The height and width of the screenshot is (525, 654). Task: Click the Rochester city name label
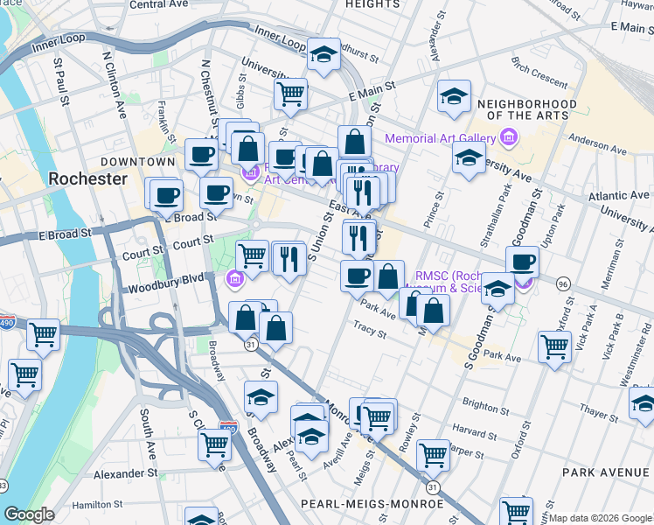click(x=87, y=178)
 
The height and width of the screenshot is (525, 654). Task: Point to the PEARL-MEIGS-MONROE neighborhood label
click(x=371, y=504)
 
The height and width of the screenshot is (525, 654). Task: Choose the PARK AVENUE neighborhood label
click(x=606, y=472)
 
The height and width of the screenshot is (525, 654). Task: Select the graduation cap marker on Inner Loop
click(x=324, y=55)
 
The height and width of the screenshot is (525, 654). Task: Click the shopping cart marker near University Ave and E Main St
click(x=290, y=94)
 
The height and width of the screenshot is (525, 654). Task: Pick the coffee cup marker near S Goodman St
click(x=522, y=262)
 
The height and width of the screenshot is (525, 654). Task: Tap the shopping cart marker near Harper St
click(x=433, y=454)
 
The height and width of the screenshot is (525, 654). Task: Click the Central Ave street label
click(x=158, y=4)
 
